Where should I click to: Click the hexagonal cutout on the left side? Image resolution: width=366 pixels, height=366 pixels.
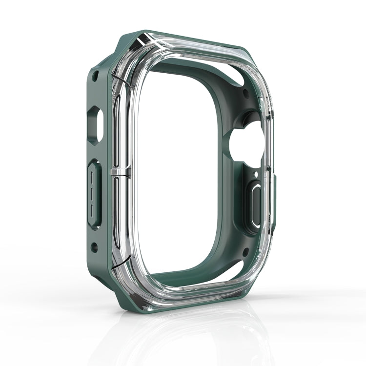pos(95,125)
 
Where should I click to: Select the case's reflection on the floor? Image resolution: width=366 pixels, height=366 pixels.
pos(195,337)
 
